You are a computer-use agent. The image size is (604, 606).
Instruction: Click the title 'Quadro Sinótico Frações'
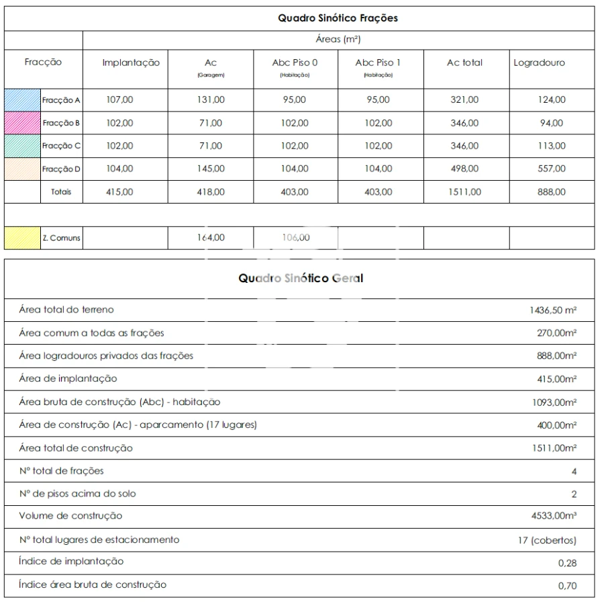(338, 18)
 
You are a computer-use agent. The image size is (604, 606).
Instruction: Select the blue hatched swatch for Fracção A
(23, 100)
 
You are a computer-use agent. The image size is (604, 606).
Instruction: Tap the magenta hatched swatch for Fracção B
(23, 123)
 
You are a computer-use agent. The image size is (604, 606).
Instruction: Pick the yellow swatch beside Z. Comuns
(23, 238)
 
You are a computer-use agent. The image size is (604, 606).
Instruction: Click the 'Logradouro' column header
(539, 62)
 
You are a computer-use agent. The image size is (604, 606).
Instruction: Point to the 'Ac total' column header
(464, 62)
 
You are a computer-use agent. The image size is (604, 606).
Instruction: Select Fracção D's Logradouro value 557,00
(552, 169)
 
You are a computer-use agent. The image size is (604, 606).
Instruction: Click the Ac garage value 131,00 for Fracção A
(211, 100)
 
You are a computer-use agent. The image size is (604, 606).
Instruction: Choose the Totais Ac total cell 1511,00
(464, 191)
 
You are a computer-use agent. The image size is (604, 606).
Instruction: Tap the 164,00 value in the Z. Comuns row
(211, 237)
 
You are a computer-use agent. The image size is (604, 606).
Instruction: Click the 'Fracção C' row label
(61, 146)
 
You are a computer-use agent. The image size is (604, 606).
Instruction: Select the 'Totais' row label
(61, 191)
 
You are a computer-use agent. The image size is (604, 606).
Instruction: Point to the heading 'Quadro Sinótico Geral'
(301, 278)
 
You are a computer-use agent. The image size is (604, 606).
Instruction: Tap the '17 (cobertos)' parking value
(546, 539)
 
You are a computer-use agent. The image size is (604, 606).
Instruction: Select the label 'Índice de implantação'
(70, 562)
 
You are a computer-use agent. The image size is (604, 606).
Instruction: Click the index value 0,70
(567, 586)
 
